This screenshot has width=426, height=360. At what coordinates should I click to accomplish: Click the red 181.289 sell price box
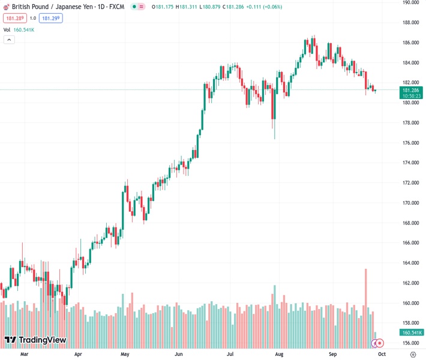click(x=14, y=18)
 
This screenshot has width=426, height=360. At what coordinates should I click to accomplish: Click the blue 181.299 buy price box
click(x=50, y=18)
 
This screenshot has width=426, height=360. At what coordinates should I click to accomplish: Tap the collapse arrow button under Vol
click(x=9, y=40)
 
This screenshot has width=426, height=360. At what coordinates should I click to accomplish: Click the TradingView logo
click(x=35, y=340)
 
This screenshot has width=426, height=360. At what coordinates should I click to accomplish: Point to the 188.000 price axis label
click(x=410, y=23)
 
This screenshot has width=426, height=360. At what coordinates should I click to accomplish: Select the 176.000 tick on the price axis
click(x=410, y=143)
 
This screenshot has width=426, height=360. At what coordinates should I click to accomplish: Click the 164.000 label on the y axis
click(x=410, y=263)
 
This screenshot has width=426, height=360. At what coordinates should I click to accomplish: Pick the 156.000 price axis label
click(x=410, y=343)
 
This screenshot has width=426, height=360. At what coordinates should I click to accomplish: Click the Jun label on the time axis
click(x=179, y=355)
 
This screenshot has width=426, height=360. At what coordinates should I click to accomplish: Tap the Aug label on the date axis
click(x=278, y=355)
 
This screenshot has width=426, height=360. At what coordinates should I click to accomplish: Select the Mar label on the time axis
click(x=24, y=355)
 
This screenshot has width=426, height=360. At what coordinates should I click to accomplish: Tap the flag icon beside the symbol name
click(x=6, y=7)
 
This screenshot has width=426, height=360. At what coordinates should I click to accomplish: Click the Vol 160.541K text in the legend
click(x=19, y=29)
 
